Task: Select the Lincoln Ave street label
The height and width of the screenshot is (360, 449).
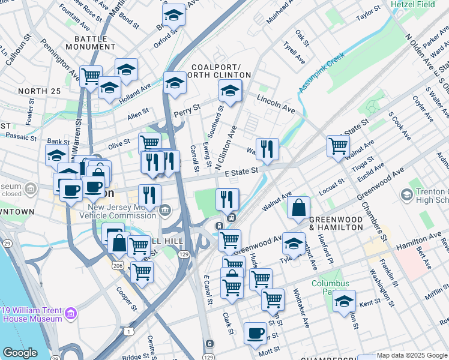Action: [276, 103]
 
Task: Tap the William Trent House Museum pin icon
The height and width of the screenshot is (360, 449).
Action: [70, 313]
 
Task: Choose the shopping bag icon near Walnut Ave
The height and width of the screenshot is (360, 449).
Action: [298, 208]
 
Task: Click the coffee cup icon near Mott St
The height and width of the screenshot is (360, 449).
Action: [255, 333]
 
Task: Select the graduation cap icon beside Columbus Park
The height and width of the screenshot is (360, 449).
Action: [344, 301]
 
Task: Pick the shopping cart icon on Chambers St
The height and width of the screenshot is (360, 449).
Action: [339, 145]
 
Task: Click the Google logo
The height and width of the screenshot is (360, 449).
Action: [20, 353]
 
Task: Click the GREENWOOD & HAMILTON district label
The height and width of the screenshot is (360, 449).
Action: [336, 224]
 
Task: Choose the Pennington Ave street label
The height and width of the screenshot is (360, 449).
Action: [60, 60]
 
